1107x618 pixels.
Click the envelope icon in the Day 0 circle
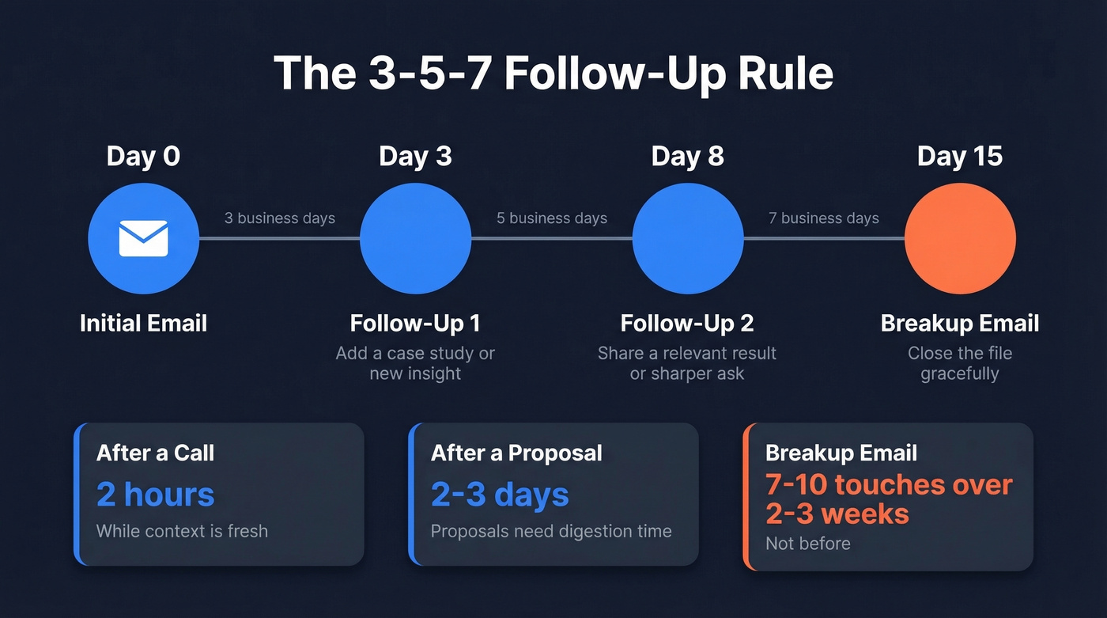[143, 238]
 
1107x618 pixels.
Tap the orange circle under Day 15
[960, 238]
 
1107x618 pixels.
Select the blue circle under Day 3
[415, 238]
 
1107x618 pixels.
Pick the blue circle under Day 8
[688, 238]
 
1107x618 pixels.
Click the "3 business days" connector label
[280, 218]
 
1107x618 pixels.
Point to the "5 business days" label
[552, 218]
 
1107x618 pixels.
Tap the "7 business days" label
[824, 218]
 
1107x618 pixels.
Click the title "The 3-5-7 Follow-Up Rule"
[553, 74]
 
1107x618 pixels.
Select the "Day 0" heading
[143, 156]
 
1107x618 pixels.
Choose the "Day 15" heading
[960, 156]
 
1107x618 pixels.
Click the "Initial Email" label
[143, 323]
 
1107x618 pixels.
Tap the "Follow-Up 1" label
[415, 323]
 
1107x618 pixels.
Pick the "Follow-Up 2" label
[687, 323]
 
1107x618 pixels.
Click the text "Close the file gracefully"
[960, 363]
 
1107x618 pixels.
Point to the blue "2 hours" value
[155, 495]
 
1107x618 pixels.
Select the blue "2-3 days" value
[500, 495]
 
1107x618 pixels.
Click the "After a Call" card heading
[155, 453]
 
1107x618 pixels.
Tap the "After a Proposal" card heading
[516, 453]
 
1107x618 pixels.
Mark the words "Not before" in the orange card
[808, 544]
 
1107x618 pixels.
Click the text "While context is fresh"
[182, 531]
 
